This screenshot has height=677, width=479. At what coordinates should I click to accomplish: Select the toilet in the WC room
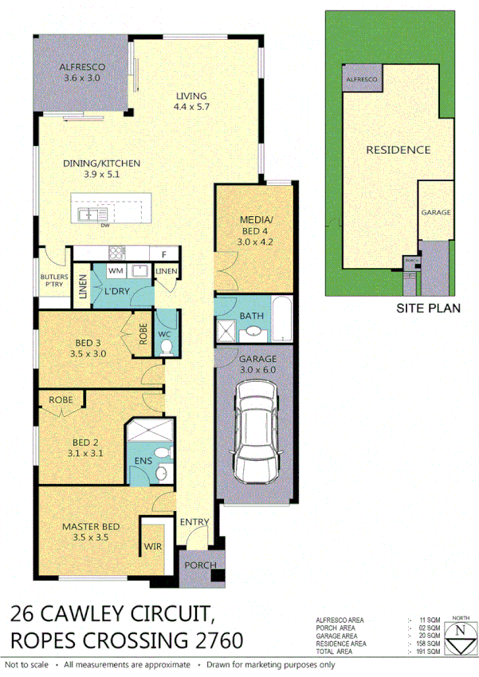(x=167, y=347)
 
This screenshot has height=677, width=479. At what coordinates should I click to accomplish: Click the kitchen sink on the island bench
(x=88, y=215)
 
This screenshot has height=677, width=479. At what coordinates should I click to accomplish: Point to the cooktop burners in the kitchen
(x=117, y=254)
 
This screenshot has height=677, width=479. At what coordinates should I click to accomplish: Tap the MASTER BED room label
(x=91, y=526)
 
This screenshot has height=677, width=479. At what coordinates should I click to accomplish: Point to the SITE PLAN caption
(x=428, y=308)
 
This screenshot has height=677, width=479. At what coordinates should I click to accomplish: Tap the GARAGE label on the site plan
(x=436, y=213)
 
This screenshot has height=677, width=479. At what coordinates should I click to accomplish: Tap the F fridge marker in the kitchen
(x=163, y=254)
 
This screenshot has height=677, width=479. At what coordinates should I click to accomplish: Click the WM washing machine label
(x=115, y=272)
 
